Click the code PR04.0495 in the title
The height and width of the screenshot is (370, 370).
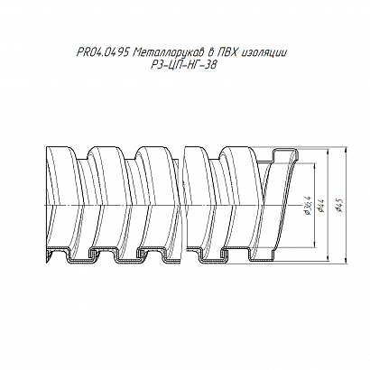[x=103, y=53]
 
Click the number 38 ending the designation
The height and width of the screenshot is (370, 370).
[x=211, y=65]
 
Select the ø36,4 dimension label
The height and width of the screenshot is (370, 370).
[x=308, y=206]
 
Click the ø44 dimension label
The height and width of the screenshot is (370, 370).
[x=320, y=206]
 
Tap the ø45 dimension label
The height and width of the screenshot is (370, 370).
[x=340, y=206]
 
